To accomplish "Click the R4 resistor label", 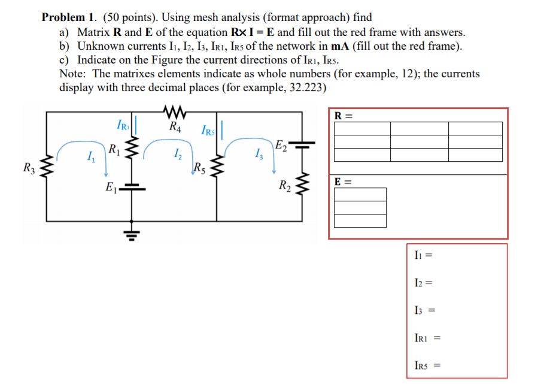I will [175, 127].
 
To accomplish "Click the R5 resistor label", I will [200, 168].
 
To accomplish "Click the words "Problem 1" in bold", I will [65, 18].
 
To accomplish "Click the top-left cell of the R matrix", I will [361, 129].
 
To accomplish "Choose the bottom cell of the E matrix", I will [360, 221].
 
